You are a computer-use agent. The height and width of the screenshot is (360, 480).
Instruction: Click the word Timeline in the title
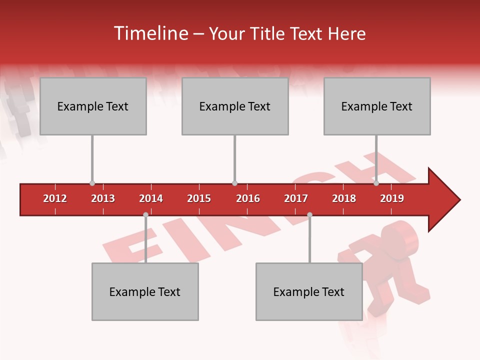pos(149,33)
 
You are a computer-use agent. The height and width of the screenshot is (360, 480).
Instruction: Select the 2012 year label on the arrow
pos(55,198)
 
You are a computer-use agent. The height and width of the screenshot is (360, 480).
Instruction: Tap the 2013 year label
pos(103,198)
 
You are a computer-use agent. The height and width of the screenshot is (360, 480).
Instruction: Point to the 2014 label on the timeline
pos(151,198)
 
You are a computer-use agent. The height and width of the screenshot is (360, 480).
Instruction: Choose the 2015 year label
pos(199,198)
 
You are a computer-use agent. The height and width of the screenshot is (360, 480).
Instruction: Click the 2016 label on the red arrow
pos(248,198)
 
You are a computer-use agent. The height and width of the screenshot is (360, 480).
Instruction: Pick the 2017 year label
pos(296,198)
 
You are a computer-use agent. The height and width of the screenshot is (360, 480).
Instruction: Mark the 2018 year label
pos(344,198)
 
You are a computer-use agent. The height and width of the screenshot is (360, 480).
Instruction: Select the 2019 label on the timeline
pos(392,198)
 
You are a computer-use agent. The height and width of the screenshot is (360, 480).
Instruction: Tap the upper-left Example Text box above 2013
pos(93,106)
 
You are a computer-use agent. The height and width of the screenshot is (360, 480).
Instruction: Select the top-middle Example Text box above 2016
pos(235,106)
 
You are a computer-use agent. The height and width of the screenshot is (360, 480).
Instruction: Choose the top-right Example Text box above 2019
pos(377,106)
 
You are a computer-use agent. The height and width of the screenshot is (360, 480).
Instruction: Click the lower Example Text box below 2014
pos(145,291)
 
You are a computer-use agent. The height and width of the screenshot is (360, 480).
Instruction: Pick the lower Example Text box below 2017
pos(309,291)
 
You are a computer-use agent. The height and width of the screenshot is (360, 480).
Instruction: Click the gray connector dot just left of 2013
pos(92,183)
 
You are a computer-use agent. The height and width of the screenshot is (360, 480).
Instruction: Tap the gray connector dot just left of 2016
pos(234,183)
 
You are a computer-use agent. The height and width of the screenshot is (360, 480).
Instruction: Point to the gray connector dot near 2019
pos(376,183)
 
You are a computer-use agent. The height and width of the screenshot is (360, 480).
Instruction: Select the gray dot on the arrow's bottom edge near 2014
pos(145,215)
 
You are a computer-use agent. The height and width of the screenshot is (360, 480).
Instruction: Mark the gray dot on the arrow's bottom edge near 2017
pos(309,215)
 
